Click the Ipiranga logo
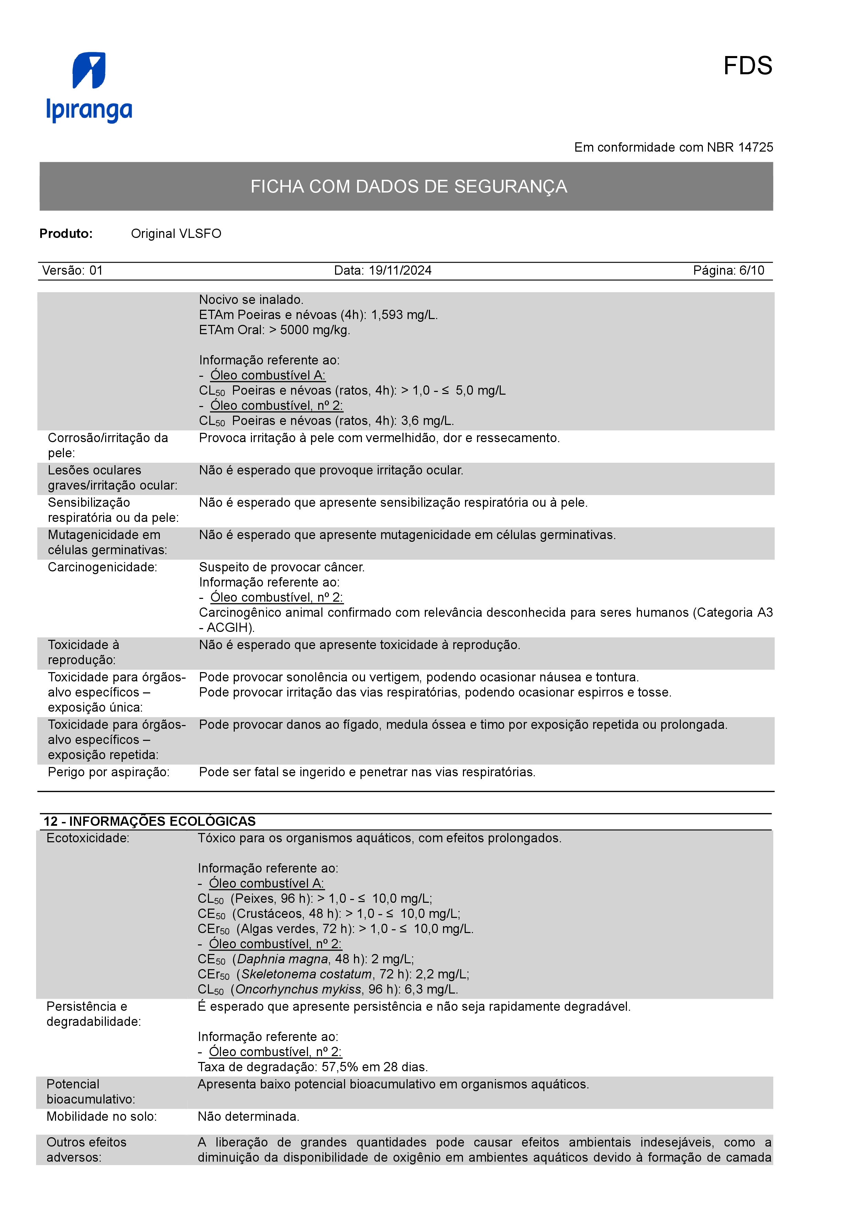point(89,87)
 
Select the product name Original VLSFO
point(176,234)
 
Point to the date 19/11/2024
point(400,271)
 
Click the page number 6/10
point(752,271)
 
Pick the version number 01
point(96,271)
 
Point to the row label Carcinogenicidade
point(102,567)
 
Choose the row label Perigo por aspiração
point(109,772)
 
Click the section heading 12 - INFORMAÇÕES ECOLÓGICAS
point(150,822)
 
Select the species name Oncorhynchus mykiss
point(298,990)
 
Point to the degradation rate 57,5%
point(339,1067)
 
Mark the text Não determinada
point(248,1117)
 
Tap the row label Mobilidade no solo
point(101,1117)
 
